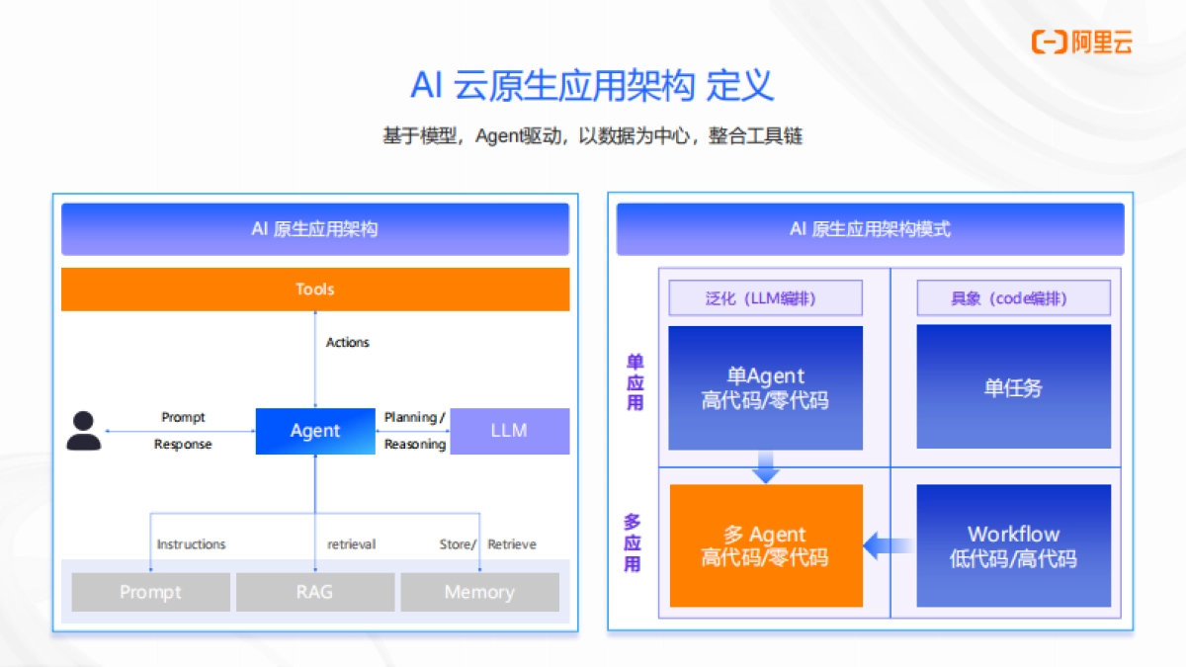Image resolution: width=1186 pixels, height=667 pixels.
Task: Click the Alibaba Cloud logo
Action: tap(1081, 42)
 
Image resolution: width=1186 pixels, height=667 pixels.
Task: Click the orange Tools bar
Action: tap(315, 290)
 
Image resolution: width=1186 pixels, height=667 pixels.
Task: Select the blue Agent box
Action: tap(315, 431)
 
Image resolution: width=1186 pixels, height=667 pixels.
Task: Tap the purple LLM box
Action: tap(510, 431)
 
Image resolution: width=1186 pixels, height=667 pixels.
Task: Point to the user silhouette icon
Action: tap(84, 431)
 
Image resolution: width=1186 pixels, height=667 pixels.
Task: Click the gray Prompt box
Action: tap(150, 592)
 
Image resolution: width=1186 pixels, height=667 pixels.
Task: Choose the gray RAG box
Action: tap(314, 592)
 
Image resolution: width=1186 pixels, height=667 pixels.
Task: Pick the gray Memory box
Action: tap(479, 592)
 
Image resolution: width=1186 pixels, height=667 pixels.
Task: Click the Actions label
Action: tap(348, 343)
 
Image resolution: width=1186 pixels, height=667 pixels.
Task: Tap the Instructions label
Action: tap(191, 544)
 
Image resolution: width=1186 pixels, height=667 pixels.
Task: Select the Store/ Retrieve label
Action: tap(488, 544)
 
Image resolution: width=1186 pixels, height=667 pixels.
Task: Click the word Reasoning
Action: tap(415, 445)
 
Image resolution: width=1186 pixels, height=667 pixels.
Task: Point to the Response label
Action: tap(183, 445)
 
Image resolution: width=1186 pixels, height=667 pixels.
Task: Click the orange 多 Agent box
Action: tap(766, 545)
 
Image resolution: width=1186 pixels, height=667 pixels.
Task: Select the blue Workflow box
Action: tap(1013, 545)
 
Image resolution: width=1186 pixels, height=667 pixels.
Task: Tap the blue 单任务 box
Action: tap(1013, 387)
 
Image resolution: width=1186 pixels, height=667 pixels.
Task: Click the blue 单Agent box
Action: tap(766, 387)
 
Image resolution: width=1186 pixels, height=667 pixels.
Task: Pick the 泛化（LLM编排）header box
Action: tap(766, 298)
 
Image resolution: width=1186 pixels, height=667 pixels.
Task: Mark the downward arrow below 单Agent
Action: tap(766, 467)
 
